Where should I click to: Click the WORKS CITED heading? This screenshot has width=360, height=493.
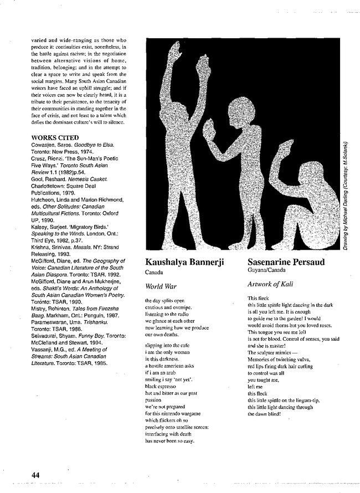pos(55,137)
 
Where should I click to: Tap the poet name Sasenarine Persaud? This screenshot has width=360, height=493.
pos(286,262)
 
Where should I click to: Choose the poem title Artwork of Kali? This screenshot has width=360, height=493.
pos(270,284)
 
